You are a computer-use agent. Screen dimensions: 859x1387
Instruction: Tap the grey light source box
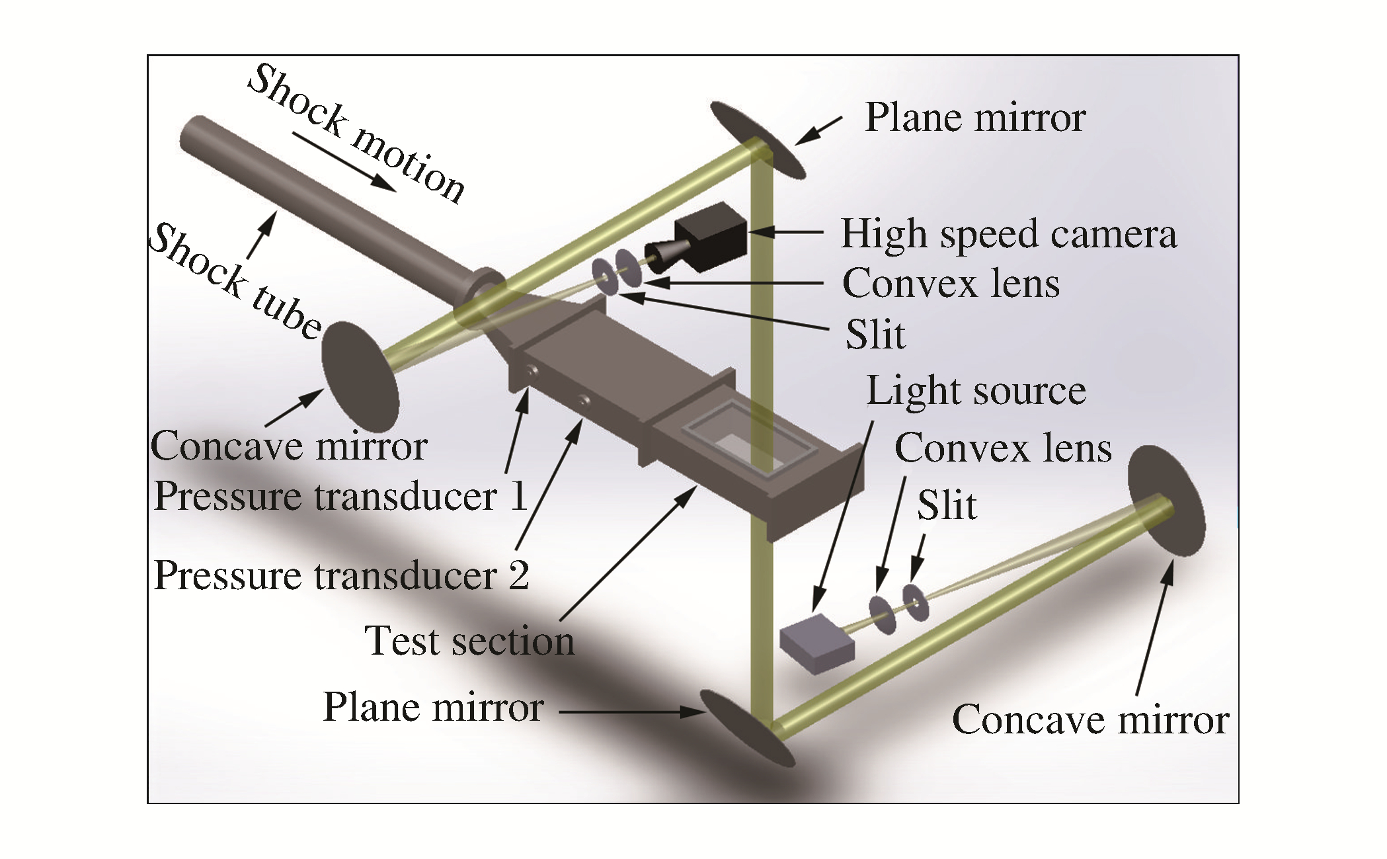[x=817, y=643]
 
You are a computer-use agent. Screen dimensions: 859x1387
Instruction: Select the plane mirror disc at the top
[x=759, y=140]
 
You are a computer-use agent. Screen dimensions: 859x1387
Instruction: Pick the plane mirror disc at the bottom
[x=747, y=728]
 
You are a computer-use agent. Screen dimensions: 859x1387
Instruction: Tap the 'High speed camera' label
[x=1008, y=234]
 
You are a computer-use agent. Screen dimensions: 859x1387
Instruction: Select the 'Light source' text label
[x=976, y=391]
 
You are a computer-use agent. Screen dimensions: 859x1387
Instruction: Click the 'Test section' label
[x=469, y=641]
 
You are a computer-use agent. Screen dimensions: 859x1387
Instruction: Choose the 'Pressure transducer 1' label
[x=341, y=496]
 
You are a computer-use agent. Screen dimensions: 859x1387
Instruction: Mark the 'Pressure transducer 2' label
[x=341, y=575]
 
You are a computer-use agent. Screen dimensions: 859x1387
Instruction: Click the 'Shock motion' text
[x=357, y=132]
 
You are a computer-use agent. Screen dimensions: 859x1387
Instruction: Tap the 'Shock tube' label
[x=235, y=281]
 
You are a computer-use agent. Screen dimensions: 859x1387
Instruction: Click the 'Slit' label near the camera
[x=875, y=335]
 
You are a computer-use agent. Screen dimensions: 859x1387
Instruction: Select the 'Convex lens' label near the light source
[x=1003, y=448]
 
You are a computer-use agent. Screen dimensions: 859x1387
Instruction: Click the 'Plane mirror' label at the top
[x=975, y=118]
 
